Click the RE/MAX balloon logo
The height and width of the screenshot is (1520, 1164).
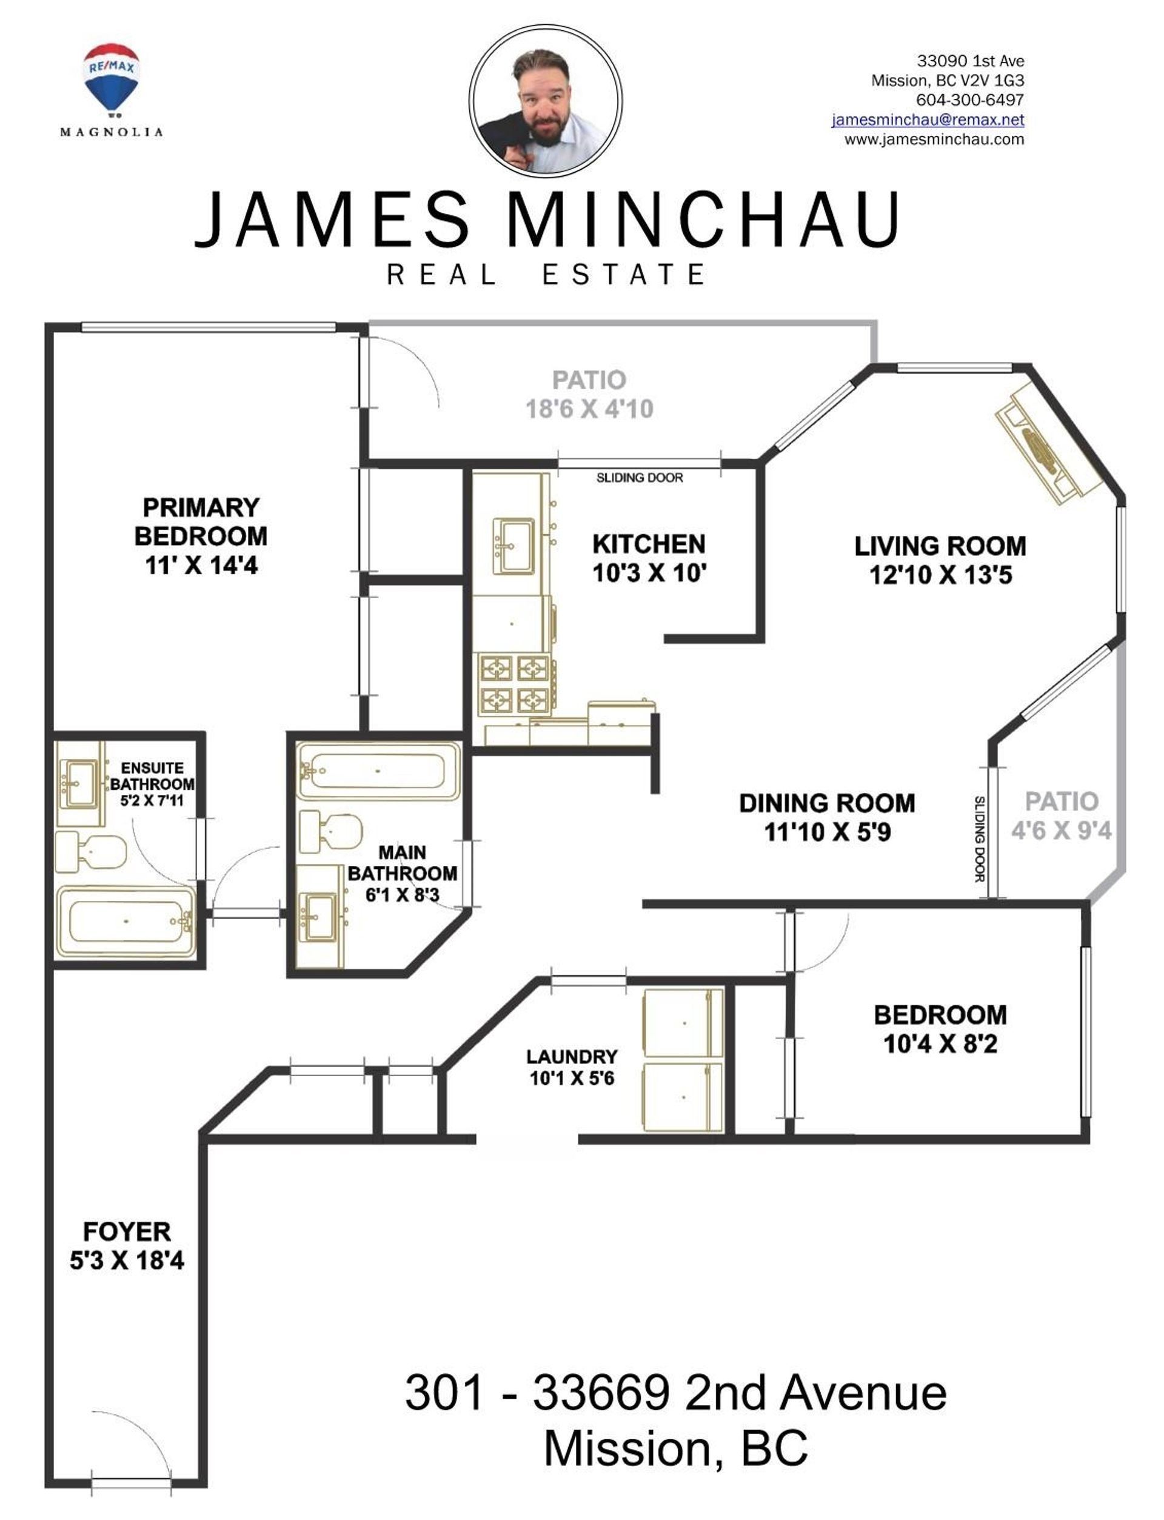[112, 78]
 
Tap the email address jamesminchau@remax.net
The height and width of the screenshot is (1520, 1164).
[928, 119]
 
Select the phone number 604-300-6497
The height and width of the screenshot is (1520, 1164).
[970, 100]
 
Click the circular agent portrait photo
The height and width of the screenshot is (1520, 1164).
[545, 101]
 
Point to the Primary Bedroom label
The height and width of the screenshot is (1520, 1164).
[201, 521]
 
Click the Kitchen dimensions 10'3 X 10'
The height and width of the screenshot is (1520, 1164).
[649, 574]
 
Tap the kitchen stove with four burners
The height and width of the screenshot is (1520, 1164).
[514, 685]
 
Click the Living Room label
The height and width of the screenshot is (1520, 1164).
[940, 546]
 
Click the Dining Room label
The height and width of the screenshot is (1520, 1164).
[828, 803]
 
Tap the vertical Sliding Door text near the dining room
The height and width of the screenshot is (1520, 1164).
[980, 839]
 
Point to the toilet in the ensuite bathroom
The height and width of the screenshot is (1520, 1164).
[91, 852]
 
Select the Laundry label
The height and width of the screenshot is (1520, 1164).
[572, 1057]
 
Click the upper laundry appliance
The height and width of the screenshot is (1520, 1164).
[684, 1023]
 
